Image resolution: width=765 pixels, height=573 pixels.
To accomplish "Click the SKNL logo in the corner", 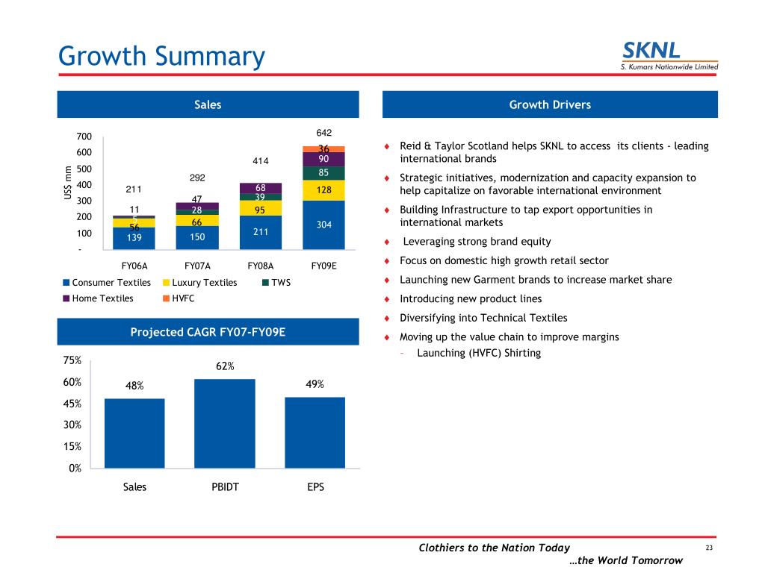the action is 669,56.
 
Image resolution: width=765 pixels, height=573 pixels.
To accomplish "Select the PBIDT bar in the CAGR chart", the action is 224,424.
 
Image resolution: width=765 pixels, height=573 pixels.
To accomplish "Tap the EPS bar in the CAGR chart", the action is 315,433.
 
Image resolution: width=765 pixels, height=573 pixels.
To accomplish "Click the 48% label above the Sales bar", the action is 134,386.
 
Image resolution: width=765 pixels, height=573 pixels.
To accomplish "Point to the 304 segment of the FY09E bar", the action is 323,225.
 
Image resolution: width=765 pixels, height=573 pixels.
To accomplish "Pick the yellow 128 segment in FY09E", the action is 323,190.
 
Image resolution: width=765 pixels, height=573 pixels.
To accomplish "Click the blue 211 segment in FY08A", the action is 261,233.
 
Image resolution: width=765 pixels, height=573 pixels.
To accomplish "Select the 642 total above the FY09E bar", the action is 324,133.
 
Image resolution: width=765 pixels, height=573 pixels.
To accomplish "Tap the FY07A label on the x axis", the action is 197,266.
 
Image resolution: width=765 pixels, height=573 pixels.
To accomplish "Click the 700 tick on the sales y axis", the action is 84,137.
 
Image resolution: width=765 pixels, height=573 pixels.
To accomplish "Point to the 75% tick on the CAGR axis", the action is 72,360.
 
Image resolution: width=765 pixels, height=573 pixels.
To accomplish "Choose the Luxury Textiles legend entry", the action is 199,283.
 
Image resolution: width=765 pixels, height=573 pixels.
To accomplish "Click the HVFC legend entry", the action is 179,298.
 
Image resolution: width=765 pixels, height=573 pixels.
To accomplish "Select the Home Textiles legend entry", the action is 98,298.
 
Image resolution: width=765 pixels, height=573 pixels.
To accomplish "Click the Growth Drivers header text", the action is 550,104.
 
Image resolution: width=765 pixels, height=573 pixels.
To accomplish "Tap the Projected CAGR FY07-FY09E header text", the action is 208,332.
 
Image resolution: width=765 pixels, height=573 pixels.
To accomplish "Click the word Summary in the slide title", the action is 210,57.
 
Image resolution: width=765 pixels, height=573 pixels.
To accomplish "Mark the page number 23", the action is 709,548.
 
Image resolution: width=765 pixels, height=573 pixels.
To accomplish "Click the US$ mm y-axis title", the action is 68,183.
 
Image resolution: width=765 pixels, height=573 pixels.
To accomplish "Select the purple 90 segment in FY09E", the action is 323,160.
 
